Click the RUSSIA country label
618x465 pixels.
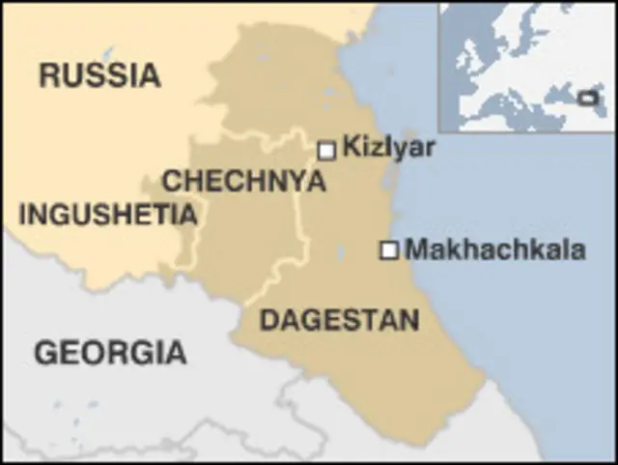pyautogui.click(x=99, y=74)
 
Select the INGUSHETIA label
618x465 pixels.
pyautogui.click(x=107, y=214)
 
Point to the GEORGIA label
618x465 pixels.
pyautogui.click(x=110, y=353)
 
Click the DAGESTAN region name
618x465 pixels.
pyautogui.click(x=339, y=320)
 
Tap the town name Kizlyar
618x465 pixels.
pyautogui.click(x=389, y=148)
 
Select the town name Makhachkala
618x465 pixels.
pyautogui.click(x=494, y=249)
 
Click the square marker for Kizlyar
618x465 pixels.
pyautogui.click(x=326, y=150)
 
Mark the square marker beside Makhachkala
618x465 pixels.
pyautogui.click(x=389, y=250)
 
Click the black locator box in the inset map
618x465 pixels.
pyautogui.click(x=586, y=97)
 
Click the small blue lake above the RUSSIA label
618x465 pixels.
pyautogui.click(x=108, y=52)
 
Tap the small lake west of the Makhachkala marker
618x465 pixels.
pyautogui.click(x=343, y=256)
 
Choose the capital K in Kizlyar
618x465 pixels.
pyautogui.click(x=351, y=148)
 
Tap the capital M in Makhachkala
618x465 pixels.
pyautogui.click(x=416, y=249)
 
